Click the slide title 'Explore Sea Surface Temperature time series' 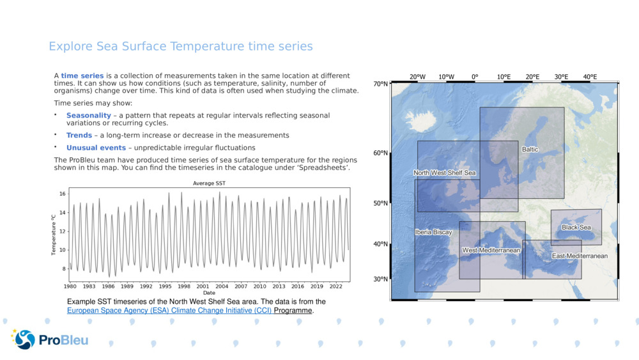[181, 47]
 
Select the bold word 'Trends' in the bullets [79, 136]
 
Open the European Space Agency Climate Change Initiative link [169, 311]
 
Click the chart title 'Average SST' [210, 184]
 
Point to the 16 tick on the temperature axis [63, 193]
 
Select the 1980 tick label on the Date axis [70, 286]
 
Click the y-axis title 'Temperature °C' [54, 235]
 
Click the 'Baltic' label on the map [530, 150]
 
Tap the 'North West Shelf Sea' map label [444, 173]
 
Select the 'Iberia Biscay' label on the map [433, 232]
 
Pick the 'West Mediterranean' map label [491, 251]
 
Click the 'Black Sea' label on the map [576, 228]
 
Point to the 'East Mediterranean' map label [580, 256]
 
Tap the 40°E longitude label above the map [589, 77]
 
